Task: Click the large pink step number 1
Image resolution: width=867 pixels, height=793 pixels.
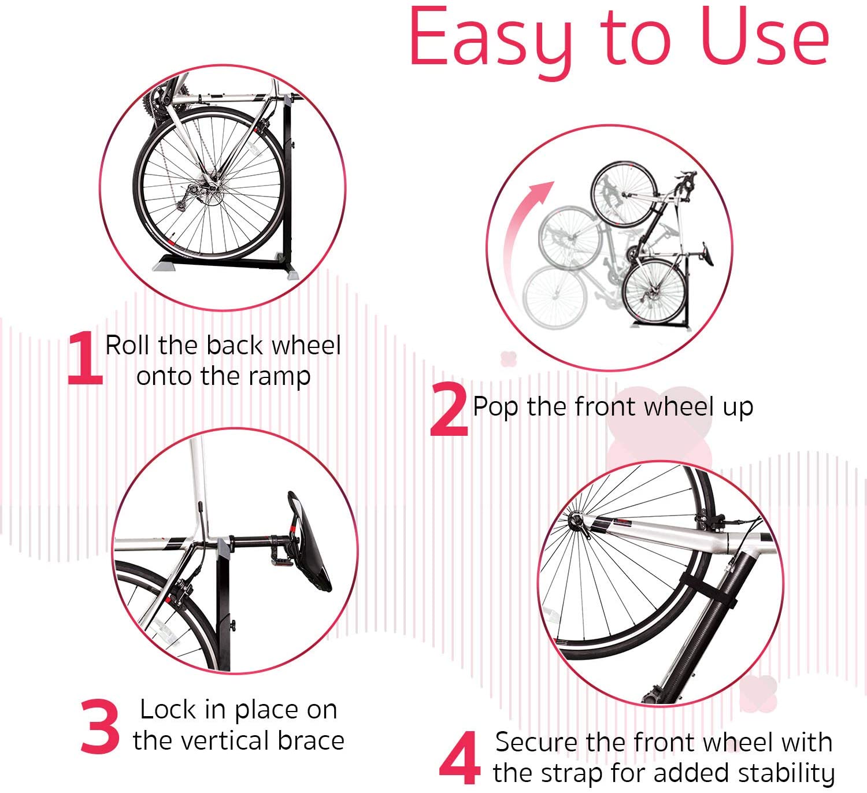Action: coord(84,358)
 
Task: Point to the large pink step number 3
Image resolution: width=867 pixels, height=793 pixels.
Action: coord(100,727)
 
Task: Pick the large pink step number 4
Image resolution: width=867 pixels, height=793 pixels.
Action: coord(460,758)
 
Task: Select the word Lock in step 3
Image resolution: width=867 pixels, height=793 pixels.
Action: coord(168,709)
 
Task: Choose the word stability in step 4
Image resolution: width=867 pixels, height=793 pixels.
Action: coord(786,773)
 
